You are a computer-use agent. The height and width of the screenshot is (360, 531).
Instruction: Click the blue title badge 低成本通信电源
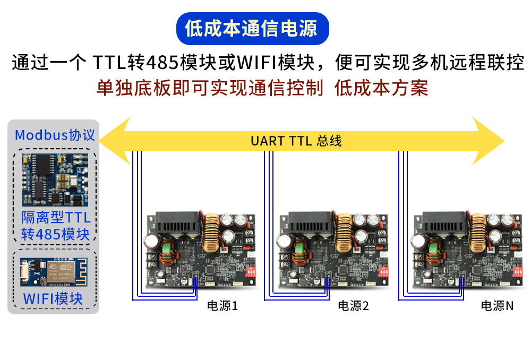tap(252, 28)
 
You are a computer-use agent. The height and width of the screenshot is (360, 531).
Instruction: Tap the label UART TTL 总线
tap(296, 141)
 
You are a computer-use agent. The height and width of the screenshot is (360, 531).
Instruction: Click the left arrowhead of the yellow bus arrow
tap(114, 141)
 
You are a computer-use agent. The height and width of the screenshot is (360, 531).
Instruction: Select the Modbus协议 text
tap(55, 135)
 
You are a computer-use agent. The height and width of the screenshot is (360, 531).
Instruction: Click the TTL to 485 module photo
tap(55, 180)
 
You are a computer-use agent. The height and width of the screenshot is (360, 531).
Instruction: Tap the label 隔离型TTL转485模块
tap(55, 226)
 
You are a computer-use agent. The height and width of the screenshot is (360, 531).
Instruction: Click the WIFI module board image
tap(55, 272)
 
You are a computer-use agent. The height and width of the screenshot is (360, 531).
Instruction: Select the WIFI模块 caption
tap(53, 298)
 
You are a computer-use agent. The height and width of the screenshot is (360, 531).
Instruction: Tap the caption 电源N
tap(497, 306)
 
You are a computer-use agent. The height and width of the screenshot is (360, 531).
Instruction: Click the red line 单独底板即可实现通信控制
tap(210, 88)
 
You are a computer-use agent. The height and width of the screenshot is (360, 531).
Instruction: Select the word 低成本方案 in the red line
tap(381, 88)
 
